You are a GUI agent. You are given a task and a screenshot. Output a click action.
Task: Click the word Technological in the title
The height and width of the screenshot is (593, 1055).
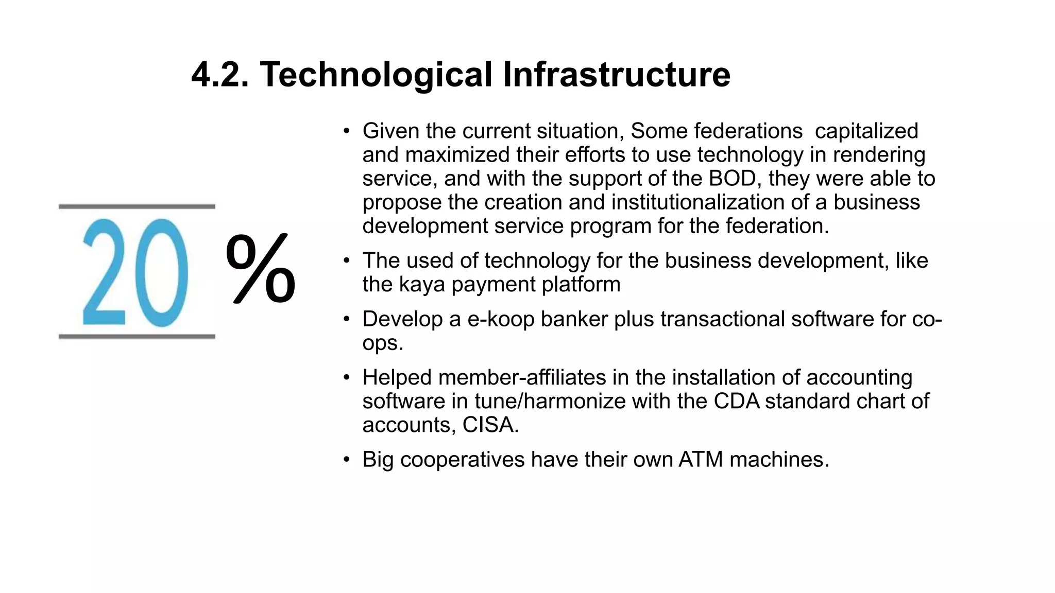376,75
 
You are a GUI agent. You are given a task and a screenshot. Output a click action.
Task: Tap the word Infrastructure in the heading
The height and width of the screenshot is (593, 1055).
616,75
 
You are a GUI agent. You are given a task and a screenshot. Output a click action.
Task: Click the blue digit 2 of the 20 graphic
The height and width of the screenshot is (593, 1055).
104,272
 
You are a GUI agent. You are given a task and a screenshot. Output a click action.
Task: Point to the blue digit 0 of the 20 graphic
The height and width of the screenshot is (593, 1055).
162,272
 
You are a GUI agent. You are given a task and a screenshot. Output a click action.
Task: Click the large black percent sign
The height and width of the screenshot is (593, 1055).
261,268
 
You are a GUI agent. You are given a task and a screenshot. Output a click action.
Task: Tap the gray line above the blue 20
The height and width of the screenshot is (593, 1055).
137,206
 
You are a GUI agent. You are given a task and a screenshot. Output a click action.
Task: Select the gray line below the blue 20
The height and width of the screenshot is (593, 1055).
137,337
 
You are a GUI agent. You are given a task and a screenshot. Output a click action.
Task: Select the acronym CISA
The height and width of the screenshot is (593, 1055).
490,425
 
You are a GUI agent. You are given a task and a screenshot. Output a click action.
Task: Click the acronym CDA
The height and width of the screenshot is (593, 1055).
736,402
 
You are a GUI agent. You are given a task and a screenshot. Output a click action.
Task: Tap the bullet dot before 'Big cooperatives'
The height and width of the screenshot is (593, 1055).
347,460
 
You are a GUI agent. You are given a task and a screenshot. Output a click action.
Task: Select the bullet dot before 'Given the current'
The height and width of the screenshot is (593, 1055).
347,131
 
